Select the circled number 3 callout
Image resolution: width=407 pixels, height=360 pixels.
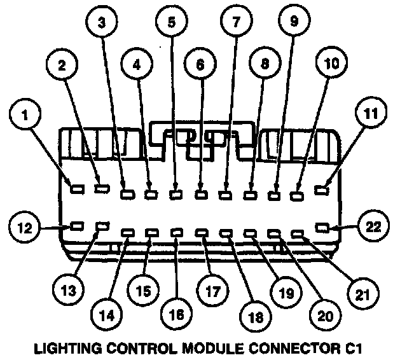[x=101, y=23]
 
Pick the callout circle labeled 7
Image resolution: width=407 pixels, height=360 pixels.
[x=236, y=23]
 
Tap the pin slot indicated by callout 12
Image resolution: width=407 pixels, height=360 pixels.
[x=77, y=226]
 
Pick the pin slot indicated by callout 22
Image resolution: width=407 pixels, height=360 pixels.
[x=323, y=226]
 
